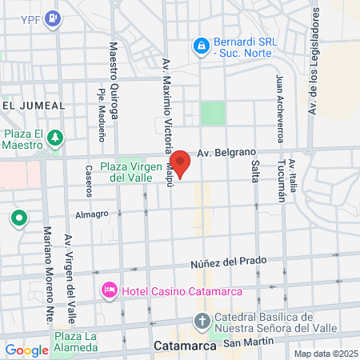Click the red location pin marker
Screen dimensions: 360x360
[x=181, y=163]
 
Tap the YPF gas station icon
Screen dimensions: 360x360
[x=53, y=18]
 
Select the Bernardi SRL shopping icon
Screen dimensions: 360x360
[x=201, y=46]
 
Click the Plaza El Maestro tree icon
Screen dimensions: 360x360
[x=55, y=138]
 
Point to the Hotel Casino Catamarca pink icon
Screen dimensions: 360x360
[x=109, y=289]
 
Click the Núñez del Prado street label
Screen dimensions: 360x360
[x=227, y=262]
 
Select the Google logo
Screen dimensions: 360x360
[x=26, y=350]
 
